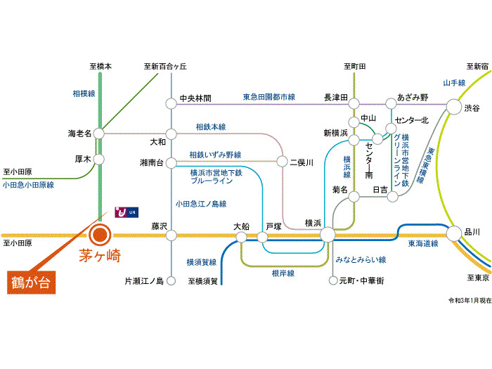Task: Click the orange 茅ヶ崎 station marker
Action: pos(100,235)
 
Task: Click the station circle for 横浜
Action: pos(327,234)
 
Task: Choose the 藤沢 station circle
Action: pos(171,235)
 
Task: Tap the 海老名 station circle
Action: pos(99,132)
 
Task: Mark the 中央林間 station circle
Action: pos(171,103)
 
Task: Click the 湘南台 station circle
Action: pos(171,162)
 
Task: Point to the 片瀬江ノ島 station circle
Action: pos(171,281)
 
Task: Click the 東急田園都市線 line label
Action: pos(269,96)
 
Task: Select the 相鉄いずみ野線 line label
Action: pos(215,155)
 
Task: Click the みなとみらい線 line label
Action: pos(361,260)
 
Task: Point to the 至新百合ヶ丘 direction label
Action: pos(166,66)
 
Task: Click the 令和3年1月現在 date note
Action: pos(470,300)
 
